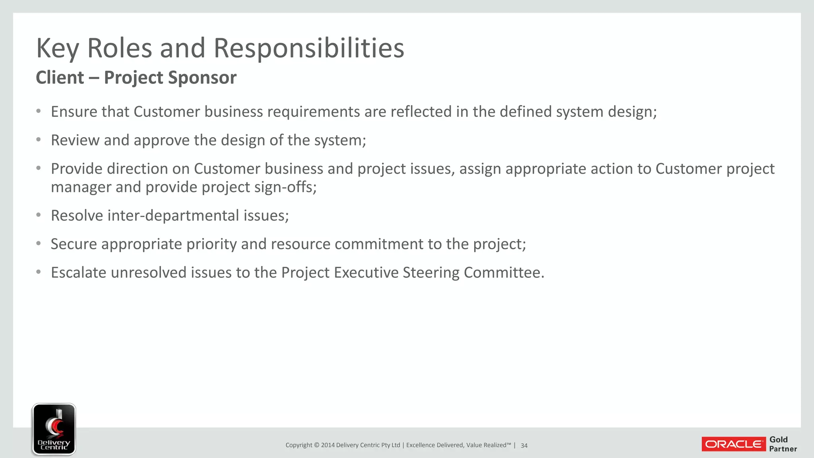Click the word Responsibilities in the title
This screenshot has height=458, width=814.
point(309,49)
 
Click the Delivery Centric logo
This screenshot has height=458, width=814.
point(54,429)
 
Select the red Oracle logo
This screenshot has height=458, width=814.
point(734,444)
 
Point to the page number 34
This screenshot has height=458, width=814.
point(524,446)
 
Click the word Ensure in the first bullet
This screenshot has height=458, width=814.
point(74,112)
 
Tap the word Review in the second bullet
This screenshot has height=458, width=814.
point(75,140)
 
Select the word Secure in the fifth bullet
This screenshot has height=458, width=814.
point(74,244)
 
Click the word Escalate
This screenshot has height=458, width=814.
point(79,273)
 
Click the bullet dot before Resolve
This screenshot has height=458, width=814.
point(39,215)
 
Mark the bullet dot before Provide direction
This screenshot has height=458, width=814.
point(39,169)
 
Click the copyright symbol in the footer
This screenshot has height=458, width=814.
point(317,445)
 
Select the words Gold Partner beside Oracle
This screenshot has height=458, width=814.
point(783,444)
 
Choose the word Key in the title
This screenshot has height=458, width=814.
point(57,49)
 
